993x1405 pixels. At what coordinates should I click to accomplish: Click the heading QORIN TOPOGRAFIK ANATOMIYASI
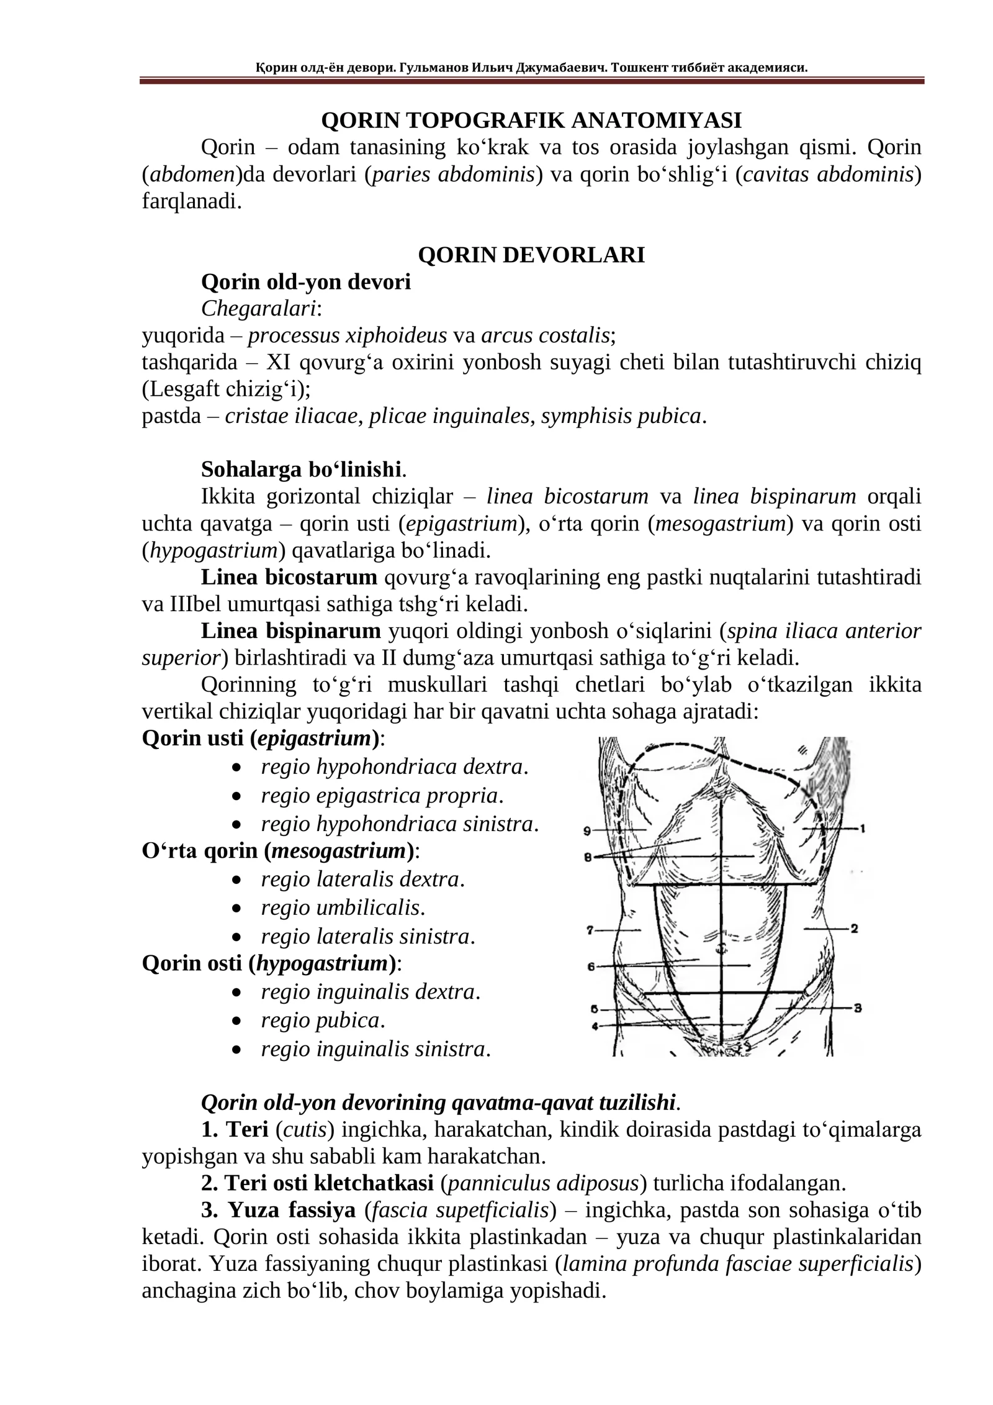click(x=531, y=120)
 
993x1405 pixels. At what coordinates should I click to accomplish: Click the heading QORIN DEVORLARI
click(x=531, y=255)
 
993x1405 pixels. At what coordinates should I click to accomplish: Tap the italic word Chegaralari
click(x=258, y=308)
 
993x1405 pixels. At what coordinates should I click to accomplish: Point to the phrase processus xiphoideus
click(x=347, y=335)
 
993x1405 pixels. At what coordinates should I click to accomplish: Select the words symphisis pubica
click(x=621, y=416)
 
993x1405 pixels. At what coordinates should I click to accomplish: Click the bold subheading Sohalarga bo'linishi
click(x=302, y=469)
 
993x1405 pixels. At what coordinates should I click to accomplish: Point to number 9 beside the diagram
click(x=588, y=830)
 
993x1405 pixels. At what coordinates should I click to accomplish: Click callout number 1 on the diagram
click(x=862, y=829)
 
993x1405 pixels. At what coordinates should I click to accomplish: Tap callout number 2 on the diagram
click(x=854, y=929)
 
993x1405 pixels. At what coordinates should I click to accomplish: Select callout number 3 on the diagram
click(x=858, y=1008)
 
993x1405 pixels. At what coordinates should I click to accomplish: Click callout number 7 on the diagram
click(x=590, y=930)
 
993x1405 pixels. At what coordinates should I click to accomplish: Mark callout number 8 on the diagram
click(x=587, y=857)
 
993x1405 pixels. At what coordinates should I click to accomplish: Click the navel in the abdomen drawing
click(x=721, y=948)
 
